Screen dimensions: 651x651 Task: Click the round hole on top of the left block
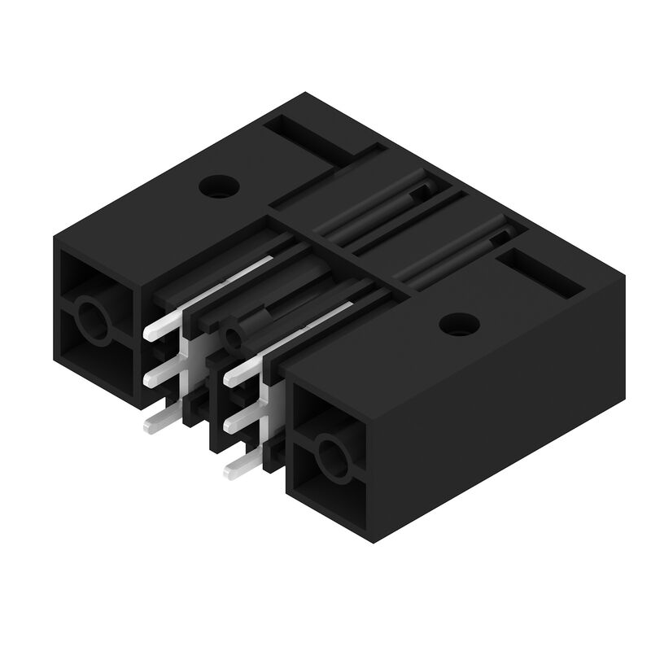point(218,186)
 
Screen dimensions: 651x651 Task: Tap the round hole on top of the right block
point(458,324)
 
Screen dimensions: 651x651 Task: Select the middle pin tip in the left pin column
point(153,377)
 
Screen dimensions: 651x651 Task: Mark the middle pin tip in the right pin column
point(231,422)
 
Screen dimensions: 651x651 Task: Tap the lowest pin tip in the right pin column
point(231,469)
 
